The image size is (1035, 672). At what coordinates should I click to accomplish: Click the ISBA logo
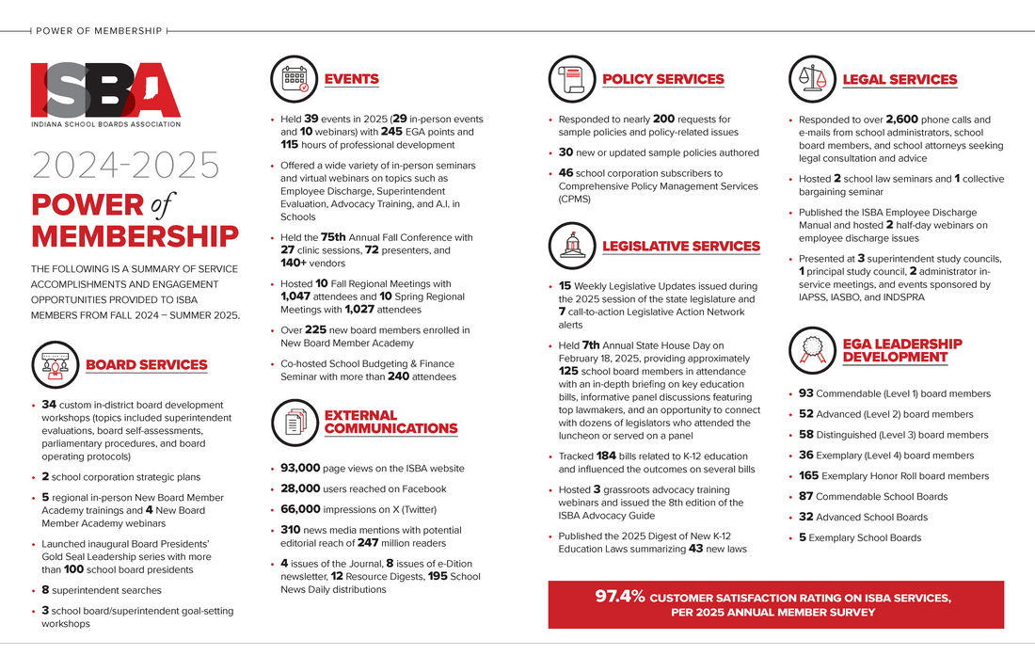105,93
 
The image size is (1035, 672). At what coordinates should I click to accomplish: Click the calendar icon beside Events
294,79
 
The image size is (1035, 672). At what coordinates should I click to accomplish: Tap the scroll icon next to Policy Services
571,79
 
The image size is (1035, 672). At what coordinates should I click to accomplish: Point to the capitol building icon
571,246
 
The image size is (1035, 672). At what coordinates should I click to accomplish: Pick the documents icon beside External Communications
294,422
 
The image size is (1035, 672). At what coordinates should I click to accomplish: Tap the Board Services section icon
55,364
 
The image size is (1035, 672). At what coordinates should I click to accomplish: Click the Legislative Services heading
680,247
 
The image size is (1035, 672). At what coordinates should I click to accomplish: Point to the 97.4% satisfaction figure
619,597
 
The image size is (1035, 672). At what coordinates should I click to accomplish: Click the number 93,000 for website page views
302,468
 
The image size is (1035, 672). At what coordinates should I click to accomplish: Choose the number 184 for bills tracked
606,456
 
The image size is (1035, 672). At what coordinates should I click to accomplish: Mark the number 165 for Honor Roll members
808,476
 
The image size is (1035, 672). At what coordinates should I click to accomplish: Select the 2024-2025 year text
125,165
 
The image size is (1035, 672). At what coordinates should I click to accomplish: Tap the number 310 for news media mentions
291,530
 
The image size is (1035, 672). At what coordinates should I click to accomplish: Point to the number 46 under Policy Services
566,173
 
